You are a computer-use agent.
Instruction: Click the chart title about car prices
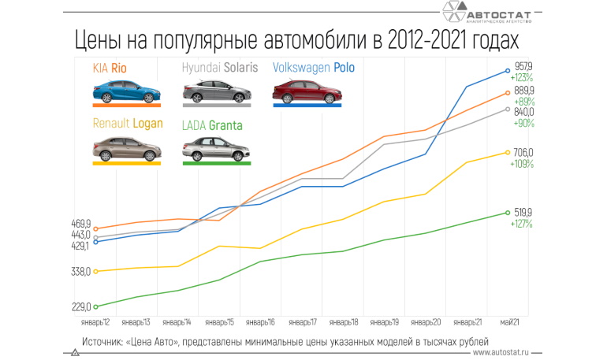pos(299,39)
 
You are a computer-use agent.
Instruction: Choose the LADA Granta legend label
pos(212,124)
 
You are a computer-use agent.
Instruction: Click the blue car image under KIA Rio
pos(125,93)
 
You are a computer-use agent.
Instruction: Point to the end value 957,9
pos(523,67)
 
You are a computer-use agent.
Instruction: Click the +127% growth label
pos(521,225)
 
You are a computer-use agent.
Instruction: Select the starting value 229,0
pos(81,307)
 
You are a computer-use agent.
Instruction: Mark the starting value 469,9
pos(81,224)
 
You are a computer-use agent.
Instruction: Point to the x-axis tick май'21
pos(508,322)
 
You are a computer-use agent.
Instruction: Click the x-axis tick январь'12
pos(95,322)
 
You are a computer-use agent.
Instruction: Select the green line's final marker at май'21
pos(508,213)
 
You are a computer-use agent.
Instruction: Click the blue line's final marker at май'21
pos(508,72)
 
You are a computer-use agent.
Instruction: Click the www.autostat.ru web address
pos(505,353)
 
